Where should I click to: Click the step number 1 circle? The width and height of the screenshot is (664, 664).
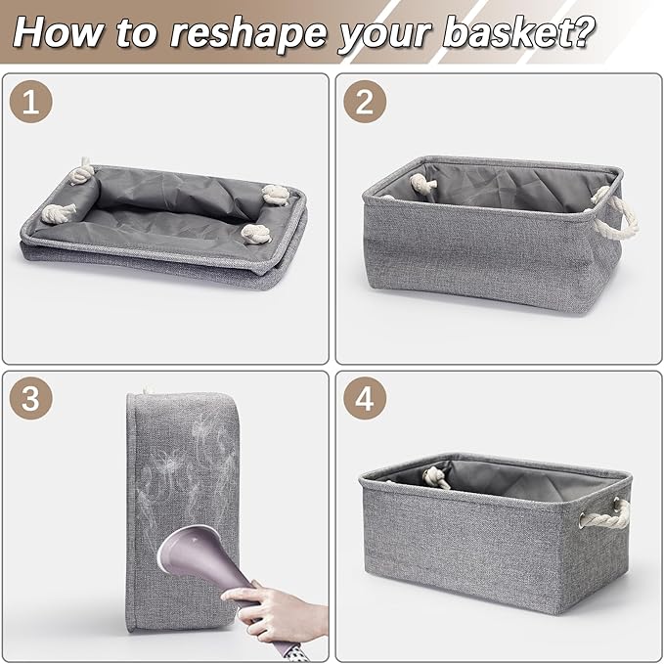point(31,102)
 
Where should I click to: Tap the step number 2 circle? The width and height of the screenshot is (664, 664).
point(365,102)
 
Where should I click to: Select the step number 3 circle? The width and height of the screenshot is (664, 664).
point(31,398)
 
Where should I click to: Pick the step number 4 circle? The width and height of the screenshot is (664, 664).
point(365,398)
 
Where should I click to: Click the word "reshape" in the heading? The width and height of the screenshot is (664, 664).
point(248,34)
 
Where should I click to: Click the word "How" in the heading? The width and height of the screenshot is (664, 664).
point(59,32)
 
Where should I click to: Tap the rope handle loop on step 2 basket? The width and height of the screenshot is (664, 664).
point(614,214)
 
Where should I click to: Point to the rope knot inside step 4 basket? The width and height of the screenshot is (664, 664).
point(436,477)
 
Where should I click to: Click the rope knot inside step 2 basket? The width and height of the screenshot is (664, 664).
point(422,183)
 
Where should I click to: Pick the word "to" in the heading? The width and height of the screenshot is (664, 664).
point(137,33)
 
